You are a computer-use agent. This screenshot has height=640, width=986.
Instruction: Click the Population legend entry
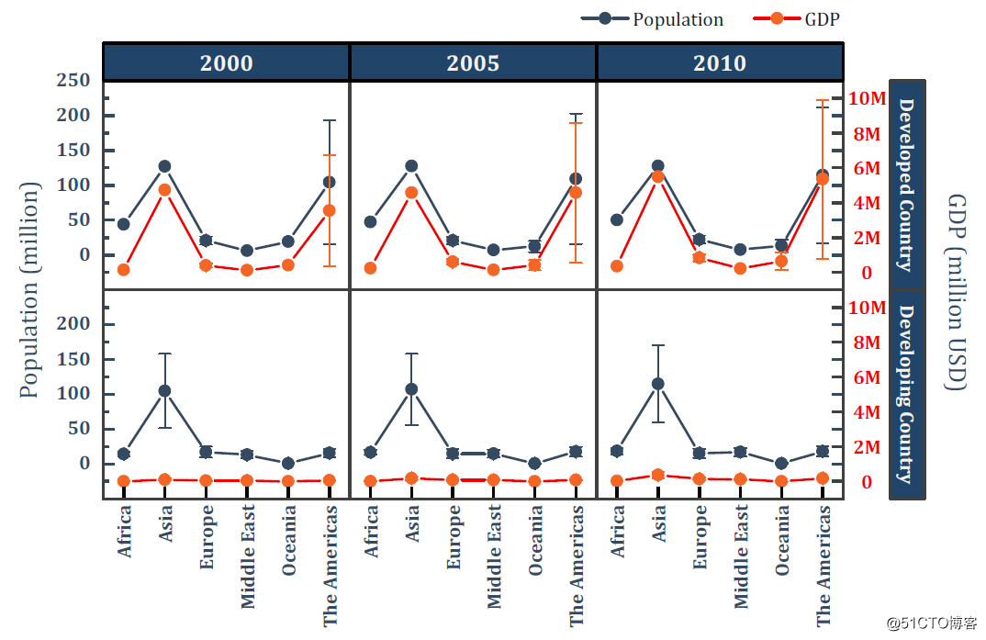click(x=654, y=19)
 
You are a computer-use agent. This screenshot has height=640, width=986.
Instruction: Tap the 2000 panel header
click(x=226, y=62)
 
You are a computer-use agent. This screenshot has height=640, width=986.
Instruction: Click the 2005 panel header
click(x=473, y=62)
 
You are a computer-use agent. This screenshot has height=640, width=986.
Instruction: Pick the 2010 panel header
click(x=720, y=62)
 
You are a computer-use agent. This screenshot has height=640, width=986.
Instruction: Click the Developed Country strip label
click(x=906, y=184)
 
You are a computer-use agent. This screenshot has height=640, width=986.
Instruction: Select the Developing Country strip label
click(x=906, y=394)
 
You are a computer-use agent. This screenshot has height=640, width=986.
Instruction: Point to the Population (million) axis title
click(x=30, y=289)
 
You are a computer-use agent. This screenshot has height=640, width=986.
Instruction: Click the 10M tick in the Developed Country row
click(x=866, y=98)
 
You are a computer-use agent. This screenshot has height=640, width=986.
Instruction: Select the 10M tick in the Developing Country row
click(x=866, y=308)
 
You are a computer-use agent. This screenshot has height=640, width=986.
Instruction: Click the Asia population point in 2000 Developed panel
click(x=164, y=166)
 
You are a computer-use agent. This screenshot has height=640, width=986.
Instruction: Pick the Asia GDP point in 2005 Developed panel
click(x=411, y=193)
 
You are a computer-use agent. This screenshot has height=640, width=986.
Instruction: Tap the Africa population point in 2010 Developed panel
click(x=617, y=219)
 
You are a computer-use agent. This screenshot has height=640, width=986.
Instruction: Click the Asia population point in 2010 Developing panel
click(x=657, y=384)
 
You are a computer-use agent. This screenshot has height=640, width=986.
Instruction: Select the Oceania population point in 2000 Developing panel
click(x=288, y=464)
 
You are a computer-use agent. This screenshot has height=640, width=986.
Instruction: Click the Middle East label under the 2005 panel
click(x=494, y=556)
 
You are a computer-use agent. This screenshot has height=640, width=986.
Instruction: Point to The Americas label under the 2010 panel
click(x=824, y=565)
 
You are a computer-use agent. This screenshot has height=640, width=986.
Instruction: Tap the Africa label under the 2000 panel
click(x=124, y=533)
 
